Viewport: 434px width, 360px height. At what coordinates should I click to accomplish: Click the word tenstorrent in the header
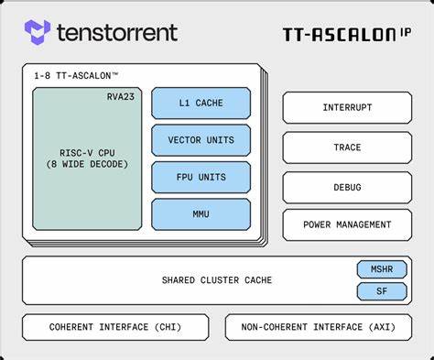click(116, 33)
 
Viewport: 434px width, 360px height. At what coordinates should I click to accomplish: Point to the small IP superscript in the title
click(404, 31)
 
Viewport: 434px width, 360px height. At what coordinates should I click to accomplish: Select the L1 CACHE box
click(201, 104)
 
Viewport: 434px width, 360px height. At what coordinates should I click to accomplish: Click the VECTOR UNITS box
click(201, 140)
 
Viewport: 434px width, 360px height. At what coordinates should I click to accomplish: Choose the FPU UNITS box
click(201, 177)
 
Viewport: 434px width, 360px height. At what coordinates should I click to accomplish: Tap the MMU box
click(201, 213)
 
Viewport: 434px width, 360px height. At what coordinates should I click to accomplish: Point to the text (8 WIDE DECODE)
click(87, 164)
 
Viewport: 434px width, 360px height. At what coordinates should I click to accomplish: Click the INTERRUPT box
click(347, 107)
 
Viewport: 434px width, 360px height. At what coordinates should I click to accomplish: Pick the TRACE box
click(347, 147)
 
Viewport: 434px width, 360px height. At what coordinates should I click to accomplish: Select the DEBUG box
click(347, 187)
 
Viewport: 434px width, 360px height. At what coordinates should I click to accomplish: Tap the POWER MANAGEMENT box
click(347, 224)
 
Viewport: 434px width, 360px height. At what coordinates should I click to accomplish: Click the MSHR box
click(381, 270)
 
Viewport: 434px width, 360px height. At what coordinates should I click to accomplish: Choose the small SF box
click(381, 291)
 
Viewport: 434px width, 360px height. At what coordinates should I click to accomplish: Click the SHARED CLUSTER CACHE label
click(216, 280)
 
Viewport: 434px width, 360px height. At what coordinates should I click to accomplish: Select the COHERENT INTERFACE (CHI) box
click(115, 327)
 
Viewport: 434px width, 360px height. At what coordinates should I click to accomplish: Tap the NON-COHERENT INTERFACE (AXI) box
click(319, 327)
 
